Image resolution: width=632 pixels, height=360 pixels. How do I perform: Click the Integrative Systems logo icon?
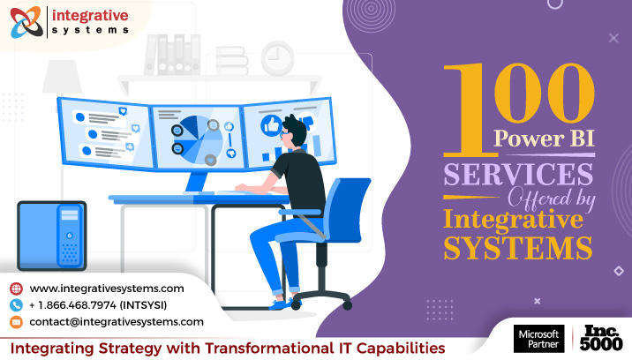click(26, 22)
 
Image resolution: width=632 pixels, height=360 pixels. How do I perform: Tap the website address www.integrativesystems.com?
click(107, 289)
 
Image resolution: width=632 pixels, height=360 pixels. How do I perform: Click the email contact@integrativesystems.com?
click(117, 322)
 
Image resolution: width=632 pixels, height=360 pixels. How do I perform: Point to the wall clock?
click(277, 58)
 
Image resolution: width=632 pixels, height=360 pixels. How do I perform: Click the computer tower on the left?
click(52, 234)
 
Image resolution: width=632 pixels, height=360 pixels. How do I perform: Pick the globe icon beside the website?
click(16, 289)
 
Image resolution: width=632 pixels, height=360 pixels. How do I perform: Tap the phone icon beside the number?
click(16, 305)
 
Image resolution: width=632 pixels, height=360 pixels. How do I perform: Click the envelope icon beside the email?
click(16, 322)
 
